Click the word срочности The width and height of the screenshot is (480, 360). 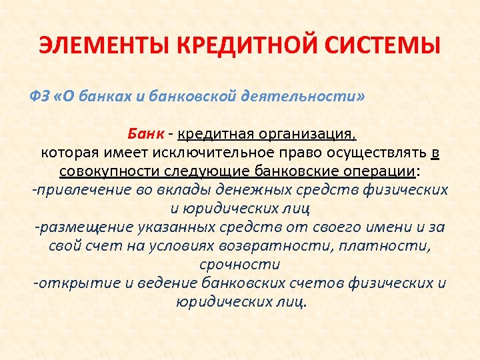point(240,265)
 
